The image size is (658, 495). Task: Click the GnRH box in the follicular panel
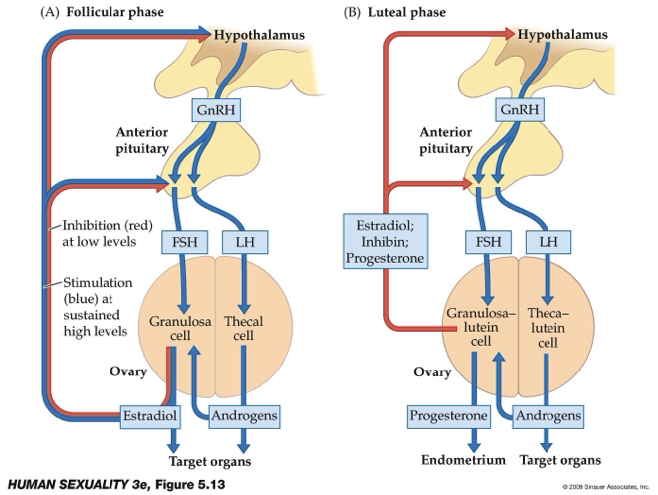pos(211,109)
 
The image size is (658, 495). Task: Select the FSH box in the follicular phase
pos(182,241)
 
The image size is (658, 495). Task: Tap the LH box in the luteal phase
pos(548,241)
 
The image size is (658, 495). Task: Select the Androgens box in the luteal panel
pos(547,414)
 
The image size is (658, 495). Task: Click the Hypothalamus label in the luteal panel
pos(562,35)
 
